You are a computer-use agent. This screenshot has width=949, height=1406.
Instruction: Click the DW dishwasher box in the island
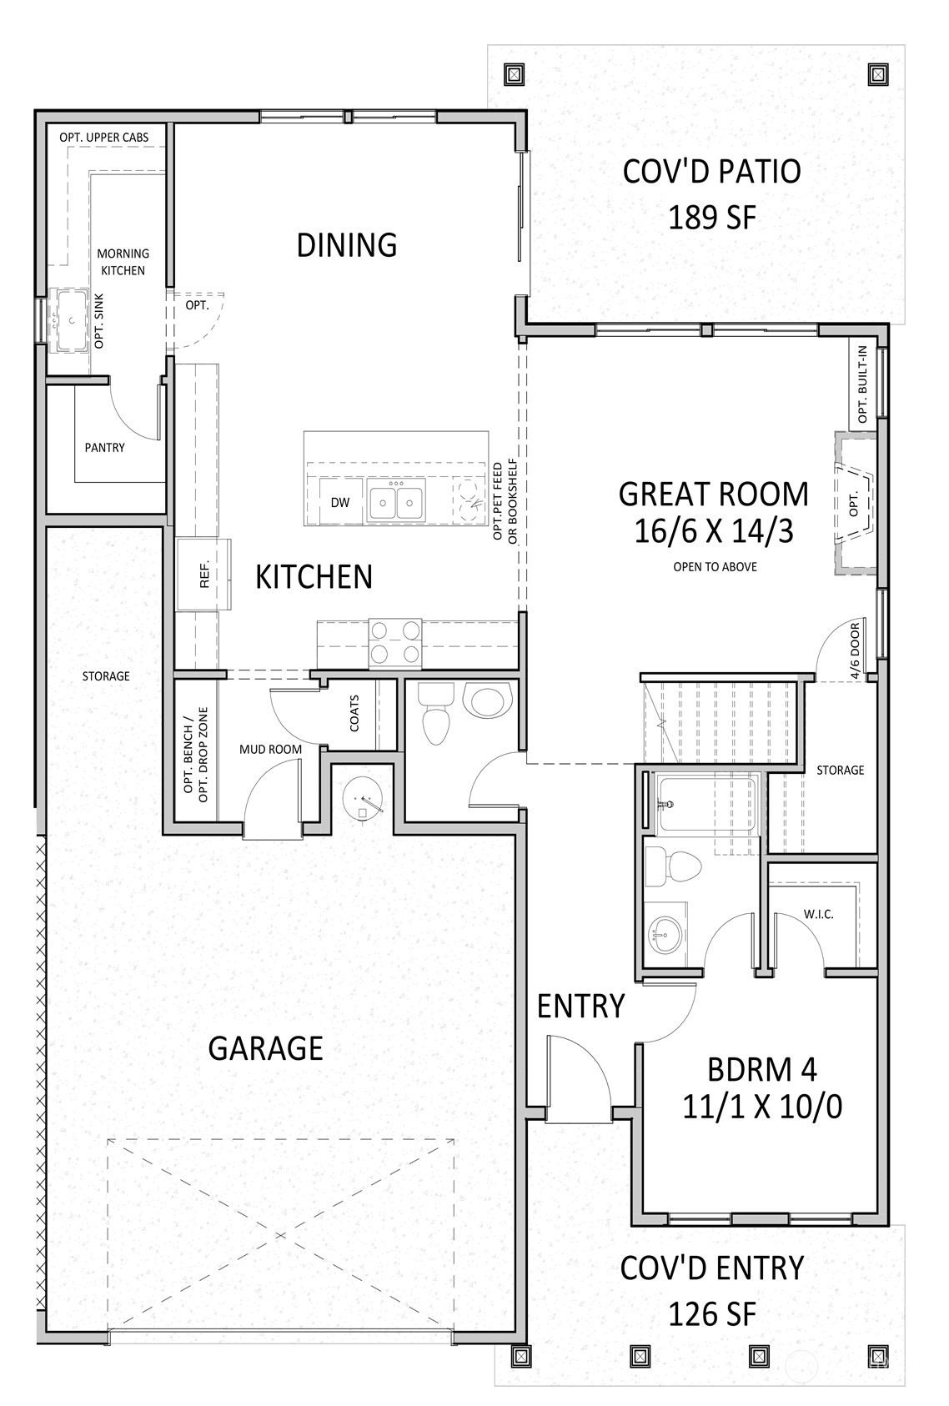pos(339,502)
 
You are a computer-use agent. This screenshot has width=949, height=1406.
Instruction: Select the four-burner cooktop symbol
pos(395,642)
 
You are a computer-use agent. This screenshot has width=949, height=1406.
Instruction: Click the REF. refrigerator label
pos(203,575)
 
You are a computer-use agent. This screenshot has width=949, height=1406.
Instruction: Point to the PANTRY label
pos(105,448)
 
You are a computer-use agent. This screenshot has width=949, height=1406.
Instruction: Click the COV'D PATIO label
pos(711,172)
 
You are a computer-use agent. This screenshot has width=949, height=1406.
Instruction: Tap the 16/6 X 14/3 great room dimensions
pos(713,532)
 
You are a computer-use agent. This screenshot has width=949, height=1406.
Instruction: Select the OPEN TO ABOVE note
pos(715,567)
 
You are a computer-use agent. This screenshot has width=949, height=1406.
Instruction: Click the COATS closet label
pos(354,714)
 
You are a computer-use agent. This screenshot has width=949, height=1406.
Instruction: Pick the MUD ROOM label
pos(270,750)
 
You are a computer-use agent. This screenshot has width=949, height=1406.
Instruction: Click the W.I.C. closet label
pos(818,914)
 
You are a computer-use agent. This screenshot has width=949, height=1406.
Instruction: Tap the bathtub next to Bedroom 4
pos(706,805)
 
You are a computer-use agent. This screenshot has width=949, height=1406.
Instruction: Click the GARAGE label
pos(265,1048)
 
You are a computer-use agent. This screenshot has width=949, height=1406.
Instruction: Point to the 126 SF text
pos(711,1315)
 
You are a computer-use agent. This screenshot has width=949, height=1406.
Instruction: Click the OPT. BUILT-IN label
pos(861,384)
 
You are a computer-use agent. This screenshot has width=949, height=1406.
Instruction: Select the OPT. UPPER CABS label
pos(104,137)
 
